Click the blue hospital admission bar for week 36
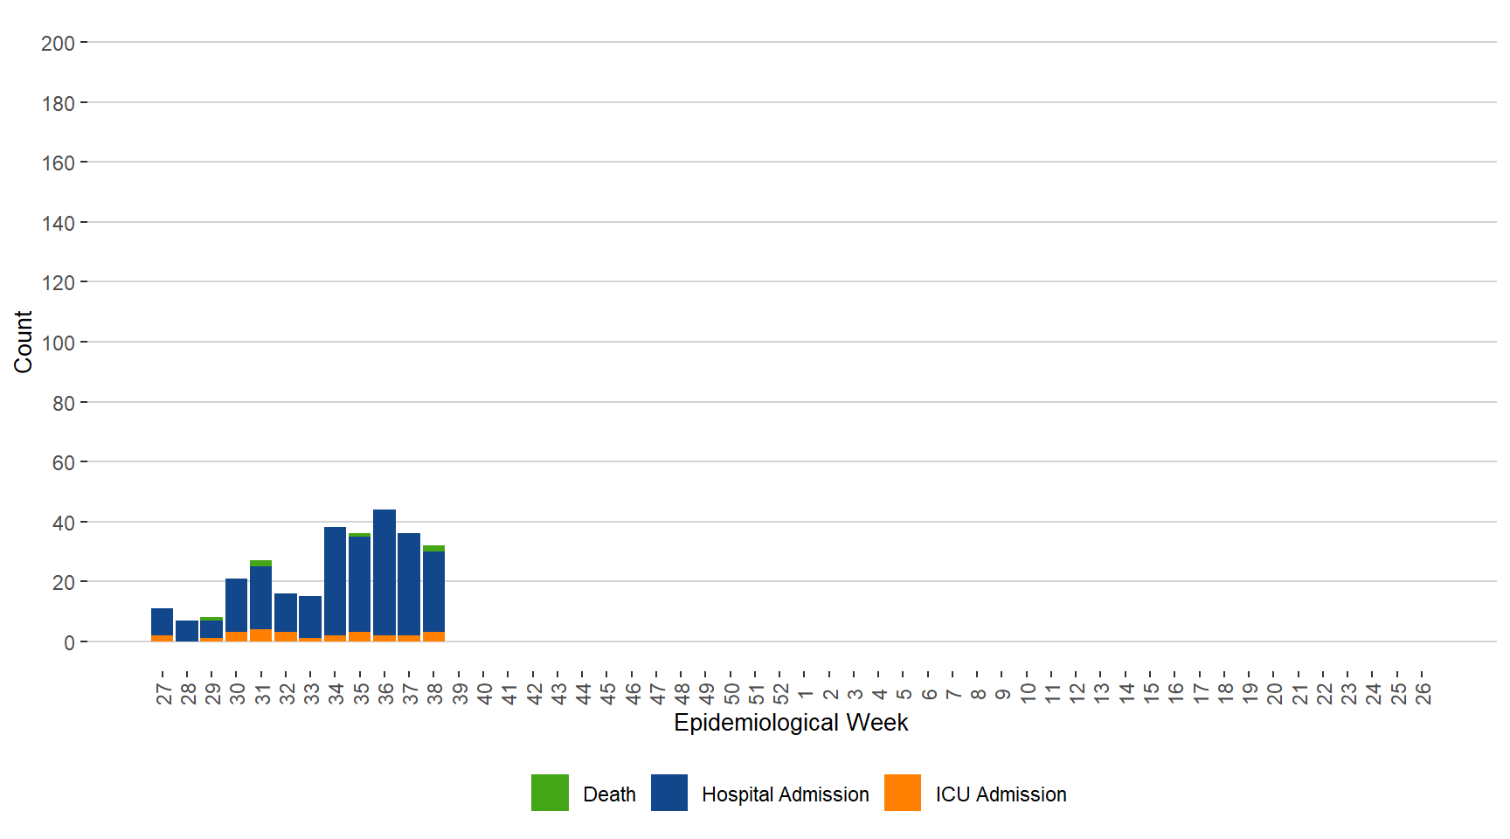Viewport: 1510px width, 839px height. tap(384, 572)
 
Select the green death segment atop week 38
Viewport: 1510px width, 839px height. tap(433, 548)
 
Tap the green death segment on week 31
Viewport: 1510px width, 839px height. tap(260, 563)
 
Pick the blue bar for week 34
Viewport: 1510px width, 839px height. tap(335, 581)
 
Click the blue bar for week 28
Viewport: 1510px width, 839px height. tap(187, 630)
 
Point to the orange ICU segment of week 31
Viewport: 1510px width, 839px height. tap(260, 635)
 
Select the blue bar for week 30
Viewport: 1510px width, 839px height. tap(236, 605)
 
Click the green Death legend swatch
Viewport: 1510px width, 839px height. tap(550, 793)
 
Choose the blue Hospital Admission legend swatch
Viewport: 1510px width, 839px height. tap(669, 793)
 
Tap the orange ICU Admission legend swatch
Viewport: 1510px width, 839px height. tap(903, 793)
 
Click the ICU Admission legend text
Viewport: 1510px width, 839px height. tap(1001, 794)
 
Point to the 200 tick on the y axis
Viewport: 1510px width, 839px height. tap(58, 43)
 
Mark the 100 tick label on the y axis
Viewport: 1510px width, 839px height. tap(58, 343)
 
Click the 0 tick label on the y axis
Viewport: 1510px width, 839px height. tap(69, 643)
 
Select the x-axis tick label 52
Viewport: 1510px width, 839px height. tap(780, 694)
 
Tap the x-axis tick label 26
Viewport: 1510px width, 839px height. tap(1423, 694)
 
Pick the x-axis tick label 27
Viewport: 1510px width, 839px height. tap(163, 694)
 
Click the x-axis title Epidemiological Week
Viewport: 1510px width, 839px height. tap(791, 723)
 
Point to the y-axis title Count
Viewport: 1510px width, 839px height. tap(23, 342)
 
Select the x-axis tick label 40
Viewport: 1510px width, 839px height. tap(484, 694)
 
